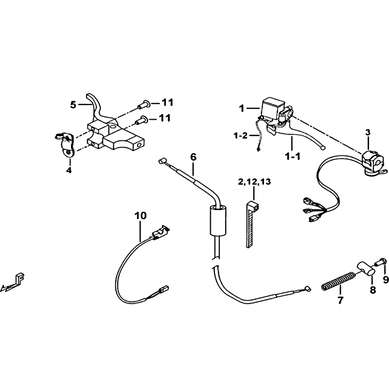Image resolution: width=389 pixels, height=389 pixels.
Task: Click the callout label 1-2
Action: tap(240, 136)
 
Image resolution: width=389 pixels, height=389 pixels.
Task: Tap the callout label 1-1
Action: tap(293, 157)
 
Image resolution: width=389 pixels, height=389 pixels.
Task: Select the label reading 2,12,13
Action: tap(254, 182)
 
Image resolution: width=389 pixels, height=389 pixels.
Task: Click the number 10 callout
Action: tap(141, 215)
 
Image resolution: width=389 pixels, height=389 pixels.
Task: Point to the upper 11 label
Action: tap(167, 102)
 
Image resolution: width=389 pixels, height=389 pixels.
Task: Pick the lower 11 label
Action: tap(165, 118)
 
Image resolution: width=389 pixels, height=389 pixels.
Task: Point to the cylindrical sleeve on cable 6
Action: tap(218, 220)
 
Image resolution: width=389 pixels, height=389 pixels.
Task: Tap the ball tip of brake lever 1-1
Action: tap(323, 148)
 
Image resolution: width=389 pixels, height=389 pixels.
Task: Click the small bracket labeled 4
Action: tap(65, 144)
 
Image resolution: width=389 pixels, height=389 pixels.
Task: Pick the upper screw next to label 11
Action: tap(143, 105)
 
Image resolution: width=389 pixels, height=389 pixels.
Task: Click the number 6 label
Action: tap(193, 157)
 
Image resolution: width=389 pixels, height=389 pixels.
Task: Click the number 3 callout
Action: tap(368, 132)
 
